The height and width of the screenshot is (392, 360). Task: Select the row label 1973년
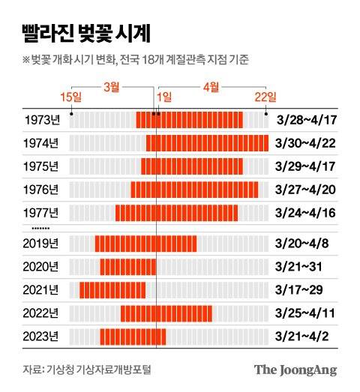[40, 119]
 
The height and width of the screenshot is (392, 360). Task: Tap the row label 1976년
[40, 189]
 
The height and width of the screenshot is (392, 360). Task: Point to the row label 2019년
[40, 243]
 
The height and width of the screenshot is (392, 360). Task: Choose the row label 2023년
[40, 336]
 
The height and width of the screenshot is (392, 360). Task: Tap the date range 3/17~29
[300, 289]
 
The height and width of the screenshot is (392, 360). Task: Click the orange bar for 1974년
[207, 142]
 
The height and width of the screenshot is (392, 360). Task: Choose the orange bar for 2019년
[145, 243]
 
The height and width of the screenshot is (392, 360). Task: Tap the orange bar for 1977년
[176, 212]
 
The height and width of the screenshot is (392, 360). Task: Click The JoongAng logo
[295, 370]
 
